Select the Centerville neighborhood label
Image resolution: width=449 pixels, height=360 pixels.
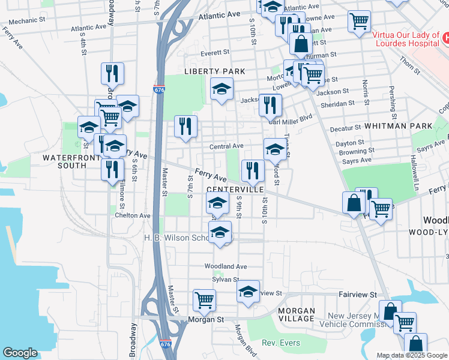point(235,189)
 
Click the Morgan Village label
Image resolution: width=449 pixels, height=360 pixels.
point(297,314)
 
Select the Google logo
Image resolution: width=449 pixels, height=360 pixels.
point(20,353)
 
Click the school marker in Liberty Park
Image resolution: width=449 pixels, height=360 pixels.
point(221,90)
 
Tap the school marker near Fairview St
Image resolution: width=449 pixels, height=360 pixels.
point(247,292)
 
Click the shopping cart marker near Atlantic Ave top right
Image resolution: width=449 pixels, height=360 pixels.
point(359,22)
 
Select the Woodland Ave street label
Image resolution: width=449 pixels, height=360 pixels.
point(226,266)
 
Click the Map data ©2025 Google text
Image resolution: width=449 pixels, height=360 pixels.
point(412,355)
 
